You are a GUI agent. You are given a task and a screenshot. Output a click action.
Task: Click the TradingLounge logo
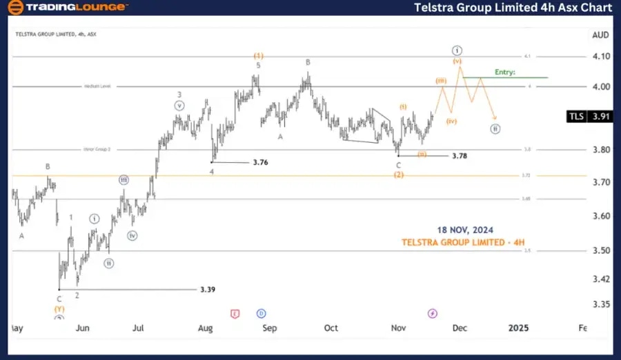[68, 8]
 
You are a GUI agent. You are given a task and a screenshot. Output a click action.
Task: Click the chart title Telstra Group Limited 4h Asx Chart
[513, 8]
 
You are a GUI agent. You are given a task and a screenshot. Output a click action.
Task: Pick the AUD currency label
[600, 34]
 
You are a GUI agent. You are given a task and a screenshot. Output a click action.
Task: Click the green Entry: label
[505, 72]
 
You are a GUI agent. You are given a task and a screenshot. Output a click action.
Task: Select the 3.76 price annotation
[260, 163]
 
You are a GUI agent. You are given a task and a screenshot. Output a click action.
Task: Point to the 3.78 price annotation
[459, 157]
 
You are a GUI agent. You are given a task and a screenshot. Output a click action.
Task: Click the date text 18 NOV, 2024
[464, 230]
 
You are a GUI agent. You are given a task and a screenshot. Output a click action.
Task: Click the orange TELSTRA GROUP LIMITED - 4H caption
[464, 242]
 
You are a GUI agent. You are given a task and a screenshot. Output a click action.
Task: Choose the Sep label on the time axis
[269, 328]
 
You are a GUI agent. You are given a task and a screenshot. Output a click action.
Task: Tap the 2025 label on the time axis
[517, 328]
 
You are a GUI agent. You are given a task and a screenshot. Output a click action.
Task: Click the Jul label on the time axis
[139, 328]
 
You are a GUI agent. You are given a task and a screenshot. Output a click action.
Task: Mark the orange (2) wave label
[399, 175]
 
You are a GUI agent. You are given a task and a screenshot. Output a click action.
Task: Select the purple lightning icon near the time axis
[432, 313]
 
